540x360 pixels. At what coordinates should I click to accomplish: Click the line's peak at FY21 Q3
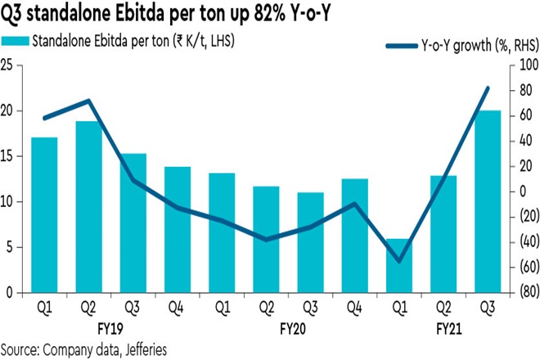[x=488, y=88]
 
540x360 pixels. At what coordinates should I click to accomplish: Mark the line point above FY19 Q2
[x=88, y=101]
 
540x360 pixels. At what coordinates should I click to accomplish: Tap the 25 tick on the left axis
[x=11, y=65]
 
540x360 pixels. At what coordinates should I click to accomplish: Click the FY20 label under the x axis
[x=293, y=329]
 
